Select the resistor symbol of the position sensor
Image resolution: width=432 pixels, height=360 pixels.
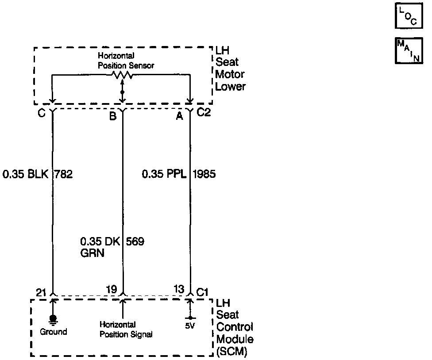point(123,76)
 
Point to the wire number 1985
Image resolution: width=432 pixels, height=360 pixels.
point(204,174)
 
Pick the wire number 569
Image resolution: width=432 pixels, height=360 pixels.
point(135,242)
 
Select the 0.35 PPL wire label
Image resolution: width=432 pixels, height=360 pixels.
point(164,174)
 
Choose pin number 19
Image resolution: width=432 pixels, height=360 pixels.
point(111,290)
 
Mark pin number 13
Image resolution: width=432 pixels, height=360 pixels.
point(179,290)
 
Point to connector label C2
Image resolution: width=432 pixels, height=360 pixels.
point(203,113)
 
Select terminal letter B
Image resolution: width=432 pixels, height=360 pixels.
point(113,116)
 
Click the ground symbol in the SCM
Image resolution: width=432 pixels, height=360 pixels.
point(53,318)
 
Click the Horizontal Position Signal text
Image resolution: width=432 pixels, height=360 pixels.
point(126,329)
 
